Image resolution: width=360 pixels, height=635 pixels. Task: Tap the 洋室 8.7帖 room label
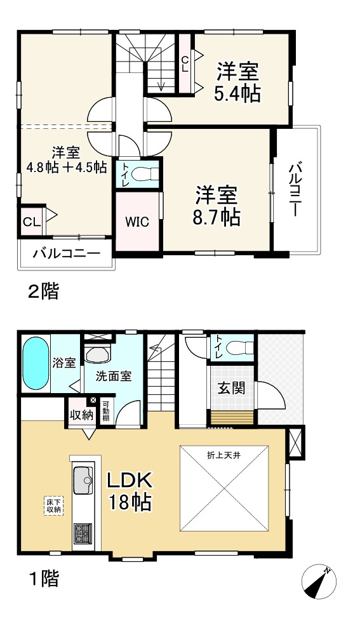(x=217, y=205)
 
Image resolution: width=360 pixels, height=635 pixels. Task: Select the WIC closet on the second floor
(x=137, y=222)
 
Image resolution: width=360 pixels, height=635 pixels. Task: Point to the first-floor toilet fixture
(x=238, y=347)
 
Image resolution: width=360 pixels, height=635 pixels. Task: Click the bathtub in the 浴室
(x=36, y=365)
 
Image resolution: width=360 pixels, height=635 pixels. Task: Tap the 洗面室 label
(x=114, y=376)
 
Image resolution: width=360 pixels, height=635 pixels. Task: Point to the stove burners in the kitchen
(x=83, y=533)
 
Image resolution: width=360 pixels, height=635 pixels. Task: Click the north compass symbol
(x=320, y=580)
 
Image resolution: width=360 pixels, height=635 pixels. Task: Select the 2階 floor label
(x=43, y=291)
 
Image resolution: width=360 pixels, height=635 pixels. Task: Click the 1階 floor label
(x=43, y=578)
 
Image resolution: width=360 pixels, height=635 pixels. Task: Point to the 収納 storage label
(x=82, y=415)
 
